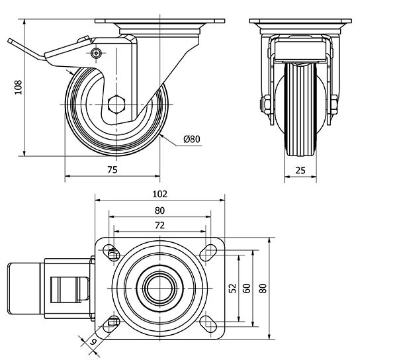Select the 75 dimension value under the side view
(x=112, y=170)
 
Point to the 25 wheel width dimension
(x=300, y=170)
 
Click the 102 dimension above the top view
(x=159, y=194)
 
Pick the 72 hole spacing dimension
(x=159, y=226)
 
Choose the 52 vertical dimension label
(x=232, y=288)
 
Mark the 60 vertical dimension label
(x=245, y=288)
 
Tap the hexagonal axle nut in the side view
(x=117, y=105)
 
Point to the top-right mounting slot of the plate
(x=208, y=251)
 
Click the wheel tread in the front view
(x=301, y=109)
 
